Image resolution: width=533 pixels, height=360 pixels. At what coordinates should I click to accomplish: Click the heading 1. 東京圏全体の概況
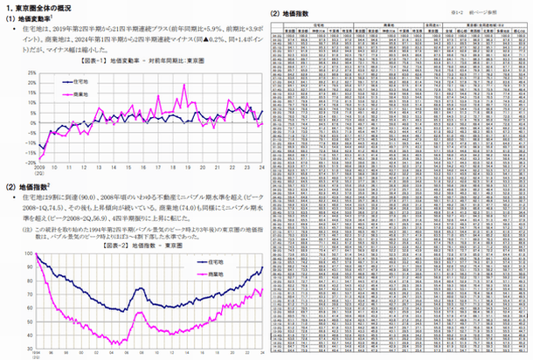[44, 8]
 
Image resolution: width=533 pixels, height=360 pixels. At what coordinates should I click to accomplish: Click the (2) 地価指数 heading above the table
[293, 13]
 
